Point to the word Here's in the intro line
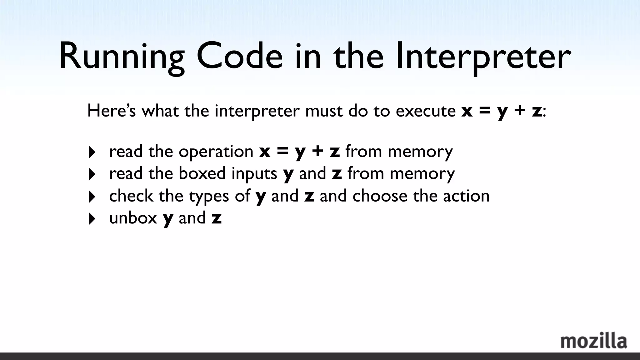(112, 111)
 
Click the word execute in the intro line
(426, 111)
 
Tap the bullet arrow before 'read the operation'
(92, 152)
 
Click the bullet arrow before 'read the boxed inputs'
(92, 174)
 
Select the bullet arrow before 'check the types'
(92, 197)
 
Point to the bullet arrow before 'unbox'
(92, 219)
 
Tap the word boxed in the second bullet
(202, 173)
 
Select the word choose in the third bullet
(380, 196)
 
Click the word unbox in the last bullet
(133, 218)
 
